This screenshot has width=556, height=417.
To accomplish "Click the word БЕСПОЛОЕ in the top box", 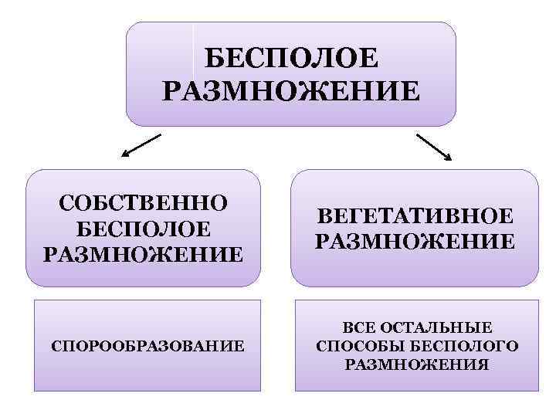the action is (292, 59).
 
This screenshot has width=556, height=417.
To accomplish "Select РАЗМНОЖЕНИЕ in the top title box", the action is (292, 92).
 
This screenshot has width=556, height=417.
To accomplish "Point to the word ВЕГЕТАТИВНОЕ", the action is (415, 215).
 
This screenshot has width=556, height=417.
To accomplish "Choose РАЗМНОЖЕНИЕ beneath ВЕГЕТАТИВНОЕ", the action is (415, 241).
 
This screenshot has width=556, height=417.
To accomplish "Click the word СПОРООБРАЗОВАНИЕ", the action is (147, 345).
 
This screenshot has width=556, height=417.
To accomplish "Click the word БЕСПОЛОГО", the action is (466, 345).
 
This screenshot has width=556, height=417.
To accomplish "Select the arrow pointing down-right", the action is (435, 147).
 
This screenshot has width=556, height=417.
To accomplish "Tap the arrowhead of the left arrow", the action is (126, 155).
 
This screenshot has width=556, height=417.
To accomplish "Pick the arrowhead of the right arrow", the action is (449, 158).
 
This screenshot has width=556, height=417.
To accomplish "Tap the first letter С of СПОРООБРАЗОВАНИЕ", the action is (55, 345).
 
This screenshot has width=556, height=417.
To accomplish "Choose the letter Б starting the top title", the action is (215, 59).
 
